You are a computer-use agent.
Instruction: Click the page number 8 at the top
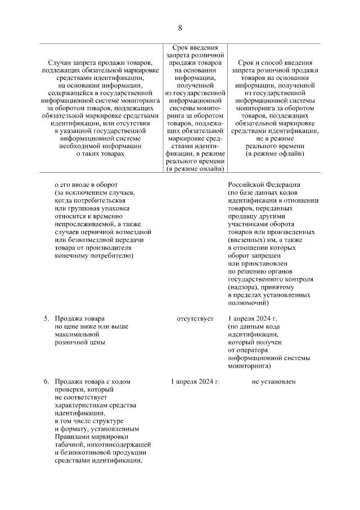pyautogui.click(x=180, y=28)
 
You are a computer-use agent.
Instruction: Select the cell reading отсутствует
pyautogui.click(x=195, y=319)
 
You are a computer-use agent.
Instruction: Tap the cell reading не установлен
pyautogui.click(x=274, y=382)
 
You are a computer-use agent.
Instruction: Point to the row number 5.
pyautogui.click(x=47, y=319)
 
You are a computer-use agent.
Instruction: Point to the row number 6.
pyautogui.click(x=47, y=382)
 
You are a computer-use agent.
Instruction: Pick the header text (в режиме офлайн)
pyautogui.click(x=274, y=154)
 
